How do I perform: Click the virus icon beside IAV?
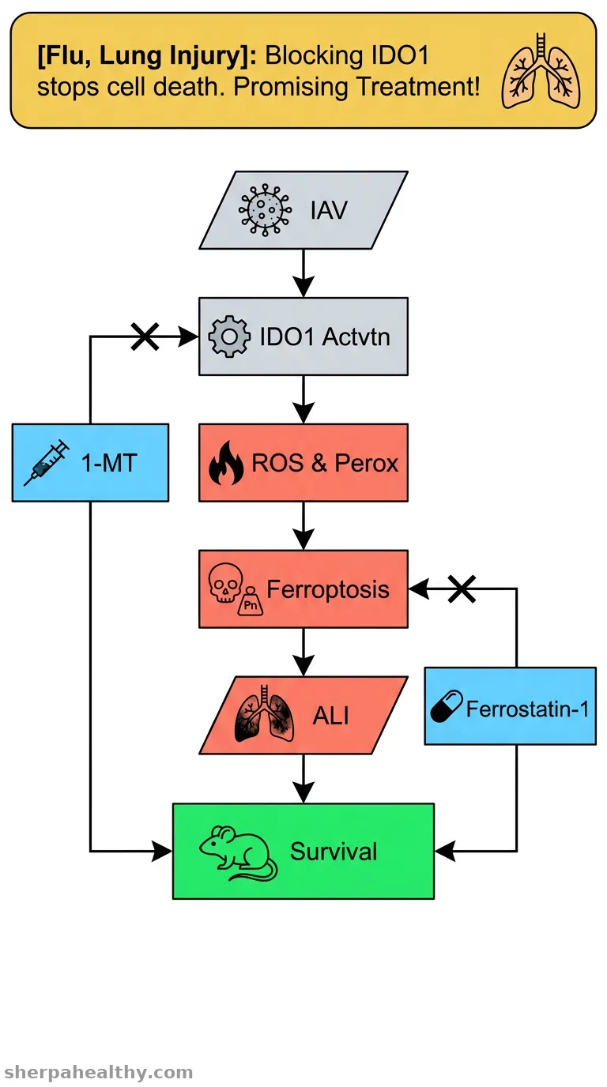(265, 209)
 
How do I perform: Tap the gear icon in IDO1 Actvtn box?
(229, 337)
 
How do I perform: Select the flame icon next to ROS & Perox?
(226, 463)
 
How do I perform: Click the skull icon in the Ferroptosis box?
(225, 583)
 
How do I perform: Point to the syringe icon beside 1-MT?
(47, 462)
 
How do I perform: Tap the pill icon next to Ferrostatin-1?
(447, 706)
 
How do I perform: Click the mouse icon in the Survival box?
(238, 853)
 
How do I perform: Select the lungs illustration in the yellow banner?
(541, 71)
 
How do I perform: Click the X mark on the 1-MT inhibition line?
(145, 337)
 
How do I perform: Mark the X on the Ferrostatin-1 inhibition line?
(462, 589)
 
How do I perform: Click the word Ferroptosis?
(328, 590)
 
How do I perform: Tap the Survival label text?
(334, 851)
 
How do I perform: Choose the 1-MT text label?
(109, 462)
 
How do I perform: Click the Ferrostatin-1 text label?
(527, 709)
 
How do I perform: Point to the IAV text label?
(330, 210)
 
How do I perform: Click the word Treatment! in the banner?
(418, 87)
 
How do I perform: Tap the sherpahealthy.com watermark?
(99, 1072)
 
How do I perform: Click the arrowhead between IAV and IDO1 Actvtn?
(303, 286)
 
